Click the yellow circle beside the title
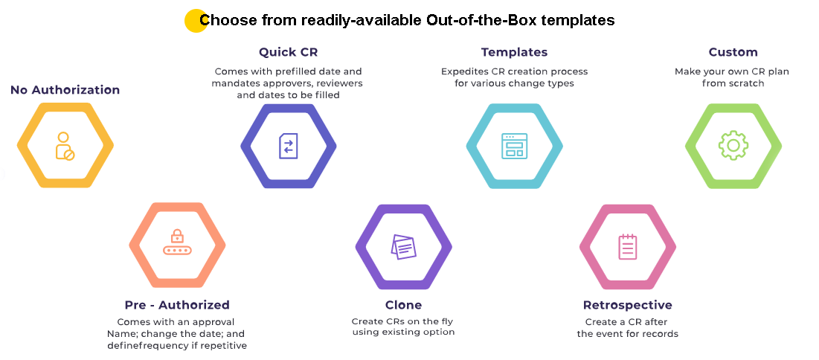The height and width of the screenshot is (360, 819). pos(196,21)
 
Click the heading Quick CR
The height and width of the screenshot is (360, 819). pos(289,52)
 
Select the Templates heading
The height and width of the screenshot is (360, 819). pos(515,52)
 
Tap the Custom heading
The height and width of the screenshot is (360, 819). pos(733,52)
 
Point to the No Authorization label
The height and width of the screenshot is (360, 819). pos(65,90)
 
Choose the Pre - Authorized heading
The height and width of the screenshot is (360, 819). pos(177,305)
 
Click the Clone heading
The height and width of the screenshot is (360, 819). pos(403,305)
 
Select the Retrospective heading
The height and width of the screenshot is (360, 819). pos(627,305)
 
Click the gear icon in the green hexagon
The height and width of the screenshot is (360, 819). pos(733,145)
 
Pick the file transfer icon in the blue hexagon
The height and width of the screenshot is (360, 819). pos(289,146)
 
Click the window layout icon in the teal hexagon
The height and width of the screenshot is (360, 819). pos(515,146)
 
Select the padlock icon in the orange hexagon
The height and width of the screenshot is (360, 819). pos(177,242)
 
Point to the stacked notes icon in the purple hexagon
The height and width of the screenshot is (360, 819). pos(403,246)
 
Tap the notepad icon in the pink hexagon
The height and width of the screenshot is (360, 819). pos(627,247)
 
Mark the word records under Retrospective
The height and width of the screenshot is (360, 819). pos(661,333)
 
